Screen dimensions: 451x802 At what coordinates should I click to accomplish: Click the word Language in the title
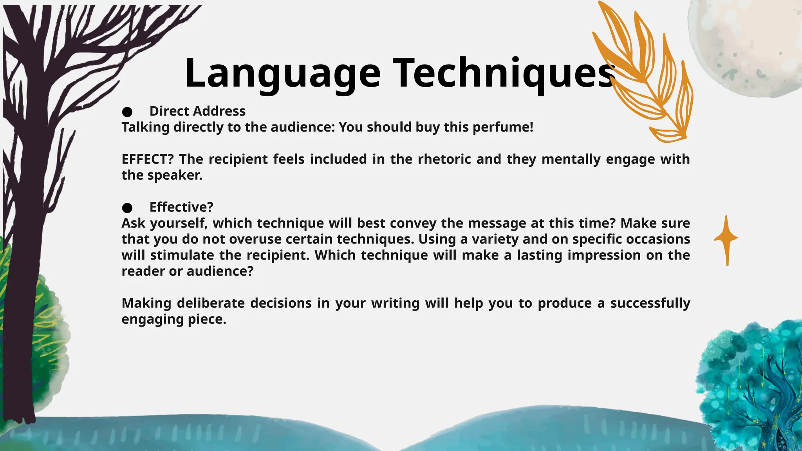tap(282, 74)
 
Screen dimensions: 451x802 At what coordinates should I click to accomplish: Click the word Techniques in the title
tap(503, 74)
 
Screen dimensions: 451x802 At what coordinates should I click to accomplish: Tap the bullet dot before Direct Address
tap(127, 112)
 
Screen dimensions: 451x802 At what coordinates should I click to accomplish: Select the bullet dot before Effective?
tap(127, 208)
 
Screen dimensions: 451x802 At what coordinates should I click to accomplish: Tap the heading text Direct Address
tap(197, 111)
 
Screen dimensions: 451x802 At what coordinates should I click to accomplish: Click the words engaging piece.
tap(174, 319)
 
